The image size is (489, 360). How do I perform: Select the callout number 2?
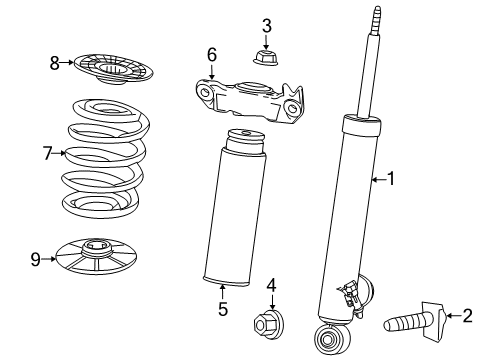(467, 317)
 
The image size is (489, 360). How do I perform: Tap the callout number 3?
(266, 25)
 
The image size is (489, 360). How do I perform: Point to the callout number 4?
(271, 288)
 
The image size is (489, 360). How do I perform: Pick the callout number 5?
(222, 310)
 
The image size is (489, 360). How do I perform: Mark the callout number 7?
(46, 153)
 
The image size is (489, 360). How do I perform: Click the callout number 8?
(55, 63)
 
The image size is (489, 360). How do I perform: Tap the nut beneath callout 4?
(269, 325)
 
